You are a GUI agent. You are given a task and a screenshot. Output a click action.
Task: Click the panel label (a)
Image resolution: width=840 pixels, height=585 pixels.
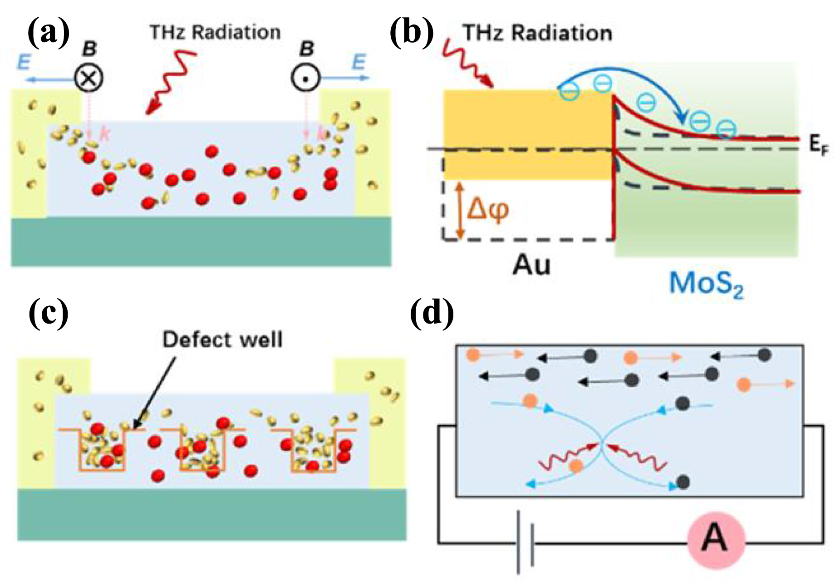click(49, 33)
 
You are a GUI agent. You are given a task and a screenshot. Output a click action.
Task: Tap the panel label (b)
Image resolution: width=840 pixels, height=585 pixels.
click(412, 33)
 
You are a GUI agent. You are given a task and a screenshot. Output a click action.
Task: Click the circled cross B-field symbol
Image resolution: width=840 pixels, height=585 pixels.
click(89, 79)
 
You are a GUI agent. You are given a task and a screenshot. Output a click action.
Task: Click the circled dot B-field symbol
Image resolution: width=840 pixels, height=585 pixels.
click(306, 78)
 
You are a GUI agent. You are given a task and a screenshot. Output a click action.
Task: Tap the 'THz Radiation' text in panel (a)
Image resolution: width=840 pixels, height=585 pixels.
click(215, 32)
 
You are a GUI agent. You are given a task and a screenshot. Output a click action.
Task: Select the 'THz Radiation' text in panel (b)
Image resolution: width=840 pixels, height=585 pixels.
click(537, 33)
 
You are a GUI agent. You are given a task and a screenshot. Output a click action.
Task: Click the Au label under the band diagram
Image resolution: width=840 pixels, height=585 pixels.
click(531, 265)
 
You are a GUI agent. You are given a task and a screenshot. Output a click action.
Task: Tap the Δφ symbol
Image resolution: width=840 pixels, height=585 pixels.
click(488, 210)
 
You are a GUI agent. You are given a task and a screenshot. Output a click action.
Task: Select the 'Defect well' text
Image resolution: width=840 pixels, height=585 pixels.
click(222, 339)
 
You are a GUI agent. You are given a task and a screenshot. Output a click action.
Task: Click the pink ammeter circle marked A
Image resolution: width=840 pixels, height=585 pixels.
click(716, 540)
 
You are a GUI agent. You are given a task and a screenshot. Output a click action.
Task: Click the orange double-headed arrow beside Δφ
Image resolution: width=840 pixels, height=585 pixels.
click(460, 210)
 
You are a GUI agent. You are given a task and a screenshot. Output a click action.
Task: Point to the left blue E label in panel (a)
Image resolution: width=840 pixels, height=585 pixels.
click(24, 62)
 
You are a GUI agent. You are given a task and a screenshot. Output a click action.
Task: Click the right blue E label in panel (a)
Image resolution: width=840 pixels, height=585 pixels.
click(359, 62)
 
